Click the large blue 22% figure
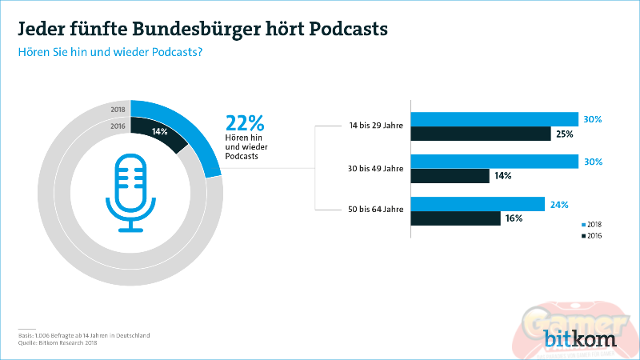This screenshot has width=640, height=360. click(245, 123)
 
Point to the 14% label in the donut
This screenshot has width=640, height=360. click(159, 130)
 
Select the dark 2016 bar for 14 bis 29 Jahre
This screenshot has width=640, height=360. click(481, 134)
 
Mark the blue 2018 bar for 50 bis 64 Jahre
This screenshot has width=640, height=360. click(478, 204)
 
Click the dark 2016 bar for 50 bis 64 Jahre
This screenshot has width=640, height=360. click(455, 218)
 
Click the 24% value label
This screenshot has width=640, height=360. click(558, 204)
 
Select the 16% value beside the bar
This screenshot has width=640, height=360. click(513, 218)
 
